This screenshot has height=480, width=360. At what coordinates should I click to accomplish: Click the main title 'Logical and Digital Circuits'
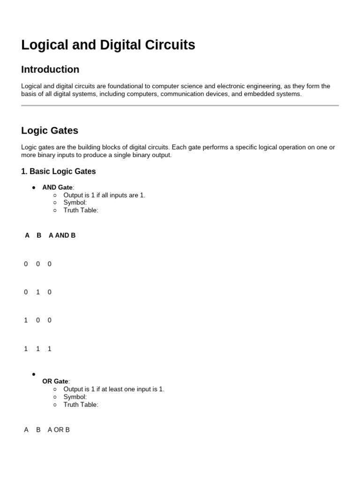click(108, 45)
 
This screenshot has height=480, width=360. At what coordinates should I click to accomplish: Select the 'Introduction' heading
click(50, 69)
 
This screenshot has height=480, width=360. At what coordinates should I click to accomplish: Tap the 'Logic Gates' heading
click(50, 130)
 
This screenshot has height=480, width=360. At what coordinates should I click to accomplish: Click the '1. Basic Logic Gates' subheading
click(58, 171)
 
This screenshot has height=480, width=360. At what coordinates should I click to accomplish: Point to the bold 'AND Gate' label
click(57, 187)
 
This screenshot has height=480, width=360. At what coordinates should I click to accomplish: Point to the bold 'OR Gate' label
click(55, 382)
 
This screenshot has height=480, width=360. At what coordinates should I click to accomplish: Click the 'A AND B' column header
click(62, 235)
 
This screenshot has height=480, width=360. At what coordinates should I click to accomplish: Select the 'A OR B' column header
click(59, 429)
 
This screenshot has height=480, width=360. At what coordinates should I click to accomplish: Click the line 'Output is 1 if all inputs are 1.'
click(104, 195)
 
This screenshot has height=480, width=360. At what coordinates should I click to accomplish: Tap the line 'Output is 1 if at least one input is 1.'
click(113, 389)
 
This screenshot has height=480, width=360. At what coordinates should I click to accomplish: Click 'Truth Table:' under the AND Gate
click(81, 210)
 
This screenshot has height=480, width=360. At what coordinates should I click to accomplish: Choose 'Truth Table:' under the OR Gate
click(81, 405)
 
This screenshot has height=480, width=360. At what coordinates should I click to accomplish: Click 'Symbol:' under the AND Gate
click(75, 202)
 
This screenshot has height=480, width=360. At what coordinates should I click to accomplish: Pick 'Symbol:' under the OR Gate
click(75, 397)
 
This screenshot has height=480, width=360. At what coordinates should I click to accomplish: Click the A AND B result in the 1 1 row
click(50, 349)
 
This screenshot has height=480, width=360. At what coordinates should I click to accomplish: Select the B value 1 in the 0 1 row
click(38, 292)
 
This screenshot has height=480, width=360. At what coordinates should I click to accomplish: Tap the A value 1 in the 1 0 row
click(26, 320)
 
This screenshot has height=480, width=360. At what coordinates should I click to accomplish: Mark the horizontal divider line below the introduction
click(180, 105)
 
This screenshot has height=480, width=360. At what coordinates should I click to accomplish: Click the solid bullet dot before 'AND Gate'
click(34, 187)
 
